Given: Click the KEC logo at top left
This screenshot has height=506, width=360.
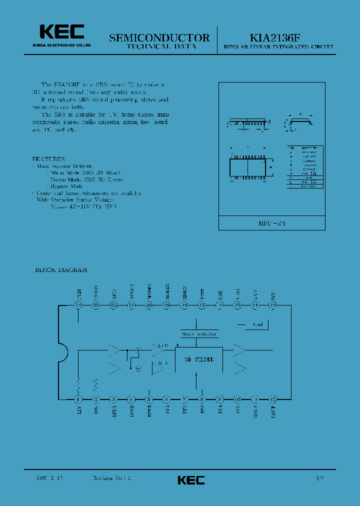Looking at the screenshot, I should point(62,32).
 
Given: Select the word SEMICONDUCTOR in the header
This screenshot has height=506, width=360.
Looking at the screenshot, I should point(159,37).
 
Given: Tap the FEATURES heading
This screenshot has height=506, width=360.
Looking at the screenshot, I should point(48,158).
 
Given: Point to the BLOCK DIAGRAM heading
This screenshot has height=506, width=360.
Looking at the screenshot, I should point(61,270).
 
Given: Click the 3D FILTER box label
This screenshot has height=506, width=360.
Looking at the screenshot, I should point(199,359).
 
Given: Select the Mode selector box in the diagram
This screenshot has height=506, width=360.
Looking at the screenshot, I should point(199,333).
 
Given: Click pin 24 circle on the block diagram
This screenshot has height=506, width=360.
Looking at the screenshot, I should point(78,305).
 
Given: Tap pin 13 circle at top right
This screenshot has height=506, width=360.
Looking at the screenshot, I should point(272,305).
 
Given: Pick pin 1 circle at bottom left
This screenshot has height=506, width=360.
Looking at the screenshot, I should point(78,399).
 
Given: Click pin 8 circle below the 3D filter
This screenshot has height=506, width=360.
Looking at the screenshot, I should point(202,399).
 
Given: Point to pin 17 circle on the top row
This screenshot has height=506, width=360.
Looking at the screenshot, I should point(202,305).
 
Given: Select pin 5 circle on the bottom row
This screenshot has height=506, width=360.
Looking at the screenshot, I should point(148,399).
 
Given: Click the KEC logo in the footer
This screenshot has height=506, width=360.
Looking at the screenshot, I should point(191,480).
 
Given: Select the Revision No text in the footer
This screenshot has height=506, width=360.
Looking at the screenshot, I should point(111,478).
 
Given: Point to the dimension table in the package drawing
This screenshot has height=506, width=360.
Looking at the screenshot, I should point(305,167).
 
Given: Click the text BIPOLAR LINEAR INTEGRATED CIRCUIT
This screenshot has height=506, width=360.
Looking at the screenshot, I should point(278,47).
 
